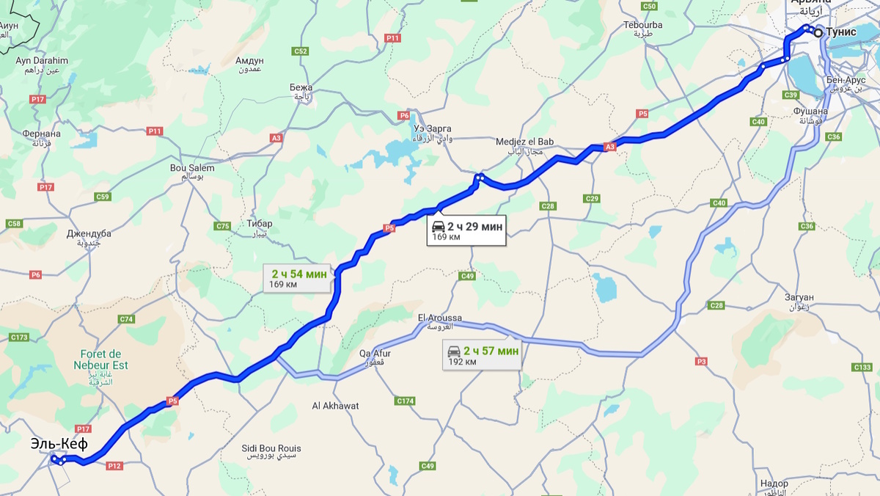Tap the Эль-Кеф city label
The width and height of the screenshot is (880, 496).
[x=59, y=444]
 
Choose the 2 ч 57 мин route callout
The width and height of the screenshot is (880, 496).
[x=483, y=356]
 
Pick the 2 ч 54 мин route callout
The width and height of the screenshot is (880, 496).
[x=297, y=278]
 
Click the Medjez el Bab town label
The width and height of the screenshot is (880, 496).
[x=524, y=142]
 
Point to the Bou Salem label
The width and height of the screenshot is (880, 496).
[x=192, y=168]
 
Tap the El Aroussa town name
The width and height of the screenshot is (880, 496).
[x=439, y=318]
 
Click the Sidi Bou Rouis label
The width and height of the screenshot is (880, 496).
[x=271, y=448]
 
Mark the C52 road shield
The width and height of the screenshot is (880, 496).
[x=300, y=51]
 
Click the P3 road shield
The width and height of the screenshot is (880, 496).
[x=702, y=361]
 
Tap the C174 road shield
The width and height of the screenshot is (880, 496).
[x=405, y=401]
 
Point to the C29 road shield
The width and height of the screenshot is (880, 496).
[x=592, y=199]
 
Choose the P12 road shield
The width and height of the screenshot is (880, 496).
[x=114, y=466]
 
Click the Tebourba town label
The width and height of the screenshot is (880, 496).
[x=642, y=24]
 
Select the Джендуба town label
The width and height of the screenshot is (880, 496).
[x=88, y=234]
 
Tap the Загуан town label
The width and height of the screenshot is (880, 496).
[x=798, y=297]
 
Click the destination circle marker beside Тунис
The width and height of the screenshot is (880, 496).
[x=818, y=32]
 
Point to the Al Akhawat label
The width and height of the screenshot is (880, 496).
[x=335, y=406]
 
